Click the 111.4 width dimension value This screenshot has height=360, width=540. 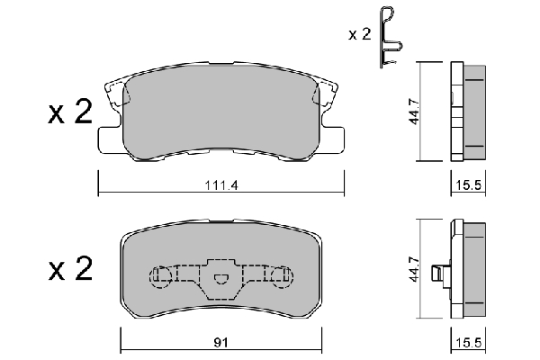(x=221, y=185)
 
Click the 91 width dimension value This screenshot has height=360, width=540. (x=220, y=343)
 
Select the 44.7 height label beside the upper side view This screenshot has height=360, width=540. (x=414, y=112)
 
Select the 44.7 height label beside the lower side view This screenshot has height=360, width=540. (x=414, y=269)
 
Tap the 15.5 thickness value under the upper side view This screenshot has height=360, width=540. (x=468, y=185)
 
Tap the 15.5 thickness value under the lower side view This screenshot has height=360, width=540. (x=468, y=343)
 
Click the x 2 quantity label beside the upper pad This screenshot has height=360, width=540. (x=70, y=112)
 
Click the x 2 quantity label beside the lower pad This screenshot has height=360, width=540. (x=70, y=269)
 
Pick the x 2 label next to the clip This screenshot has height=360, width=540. (x=359, y=34)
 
